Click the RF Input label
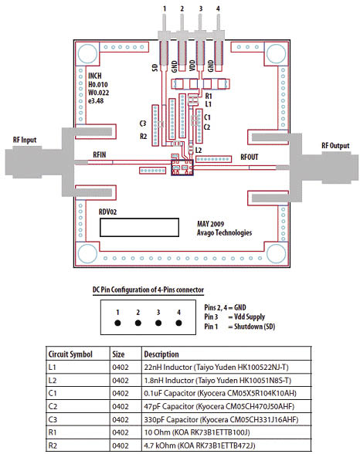pos(25,140)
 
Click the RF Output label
pos(335,146)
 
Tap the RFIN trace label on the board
pos(100,155)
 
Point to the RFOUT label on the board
pos(249,158)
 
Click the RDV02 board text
pos(107,212)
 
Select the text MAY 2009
pos(211,224)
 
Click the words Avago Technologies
pos(225,232)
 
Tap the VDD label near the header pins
pos(192,66)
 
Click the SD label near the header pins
pos(155,68)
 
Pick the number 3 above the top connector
pos(200,8)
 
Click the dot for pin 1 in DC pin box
pos(117,323)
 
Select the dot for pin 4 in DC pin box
pos(178,323)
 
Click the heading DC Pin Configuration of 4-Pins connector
pos(148,290)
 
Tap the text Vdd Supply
pos(250,317)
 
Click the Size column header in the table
pos(118,354)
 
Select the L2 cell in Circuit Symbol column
pos(53,380)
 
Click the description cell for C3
pos(221,419)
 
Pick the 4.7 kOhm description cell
pos(199,446)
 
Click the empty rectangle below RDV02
pos(139,228)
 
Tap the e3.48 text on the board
pos(96,101)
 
